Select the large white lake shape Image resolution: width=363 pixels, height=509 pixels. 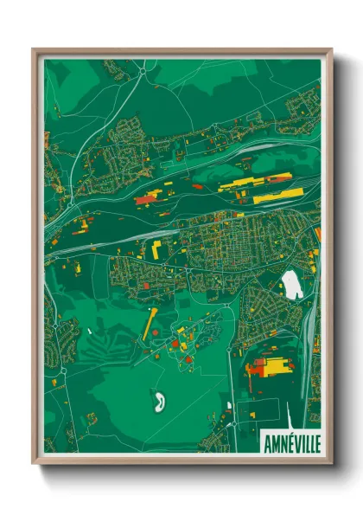click(293, 285)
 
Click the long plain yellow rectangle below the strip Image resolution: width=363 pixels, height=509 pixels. click(277, 197)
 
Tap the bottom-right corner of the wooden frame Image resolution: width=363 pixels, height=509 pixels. click(331, 462)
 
